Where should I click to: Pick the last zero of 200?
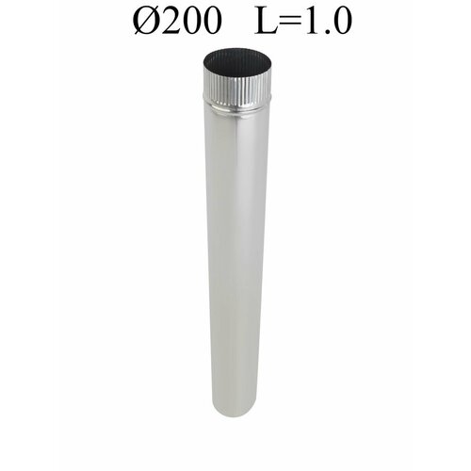click(x=212, y=20)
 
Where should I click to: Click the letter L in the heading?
click(x=267, y=20)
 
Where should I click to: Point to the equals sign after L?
click(x=290, y=21)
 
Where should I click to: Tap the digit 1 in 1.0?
click(x=311, y=20)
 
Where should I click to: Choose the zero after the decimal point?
click(x=342, y=20)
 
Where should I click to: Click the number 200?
click(x=191, y=20)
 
